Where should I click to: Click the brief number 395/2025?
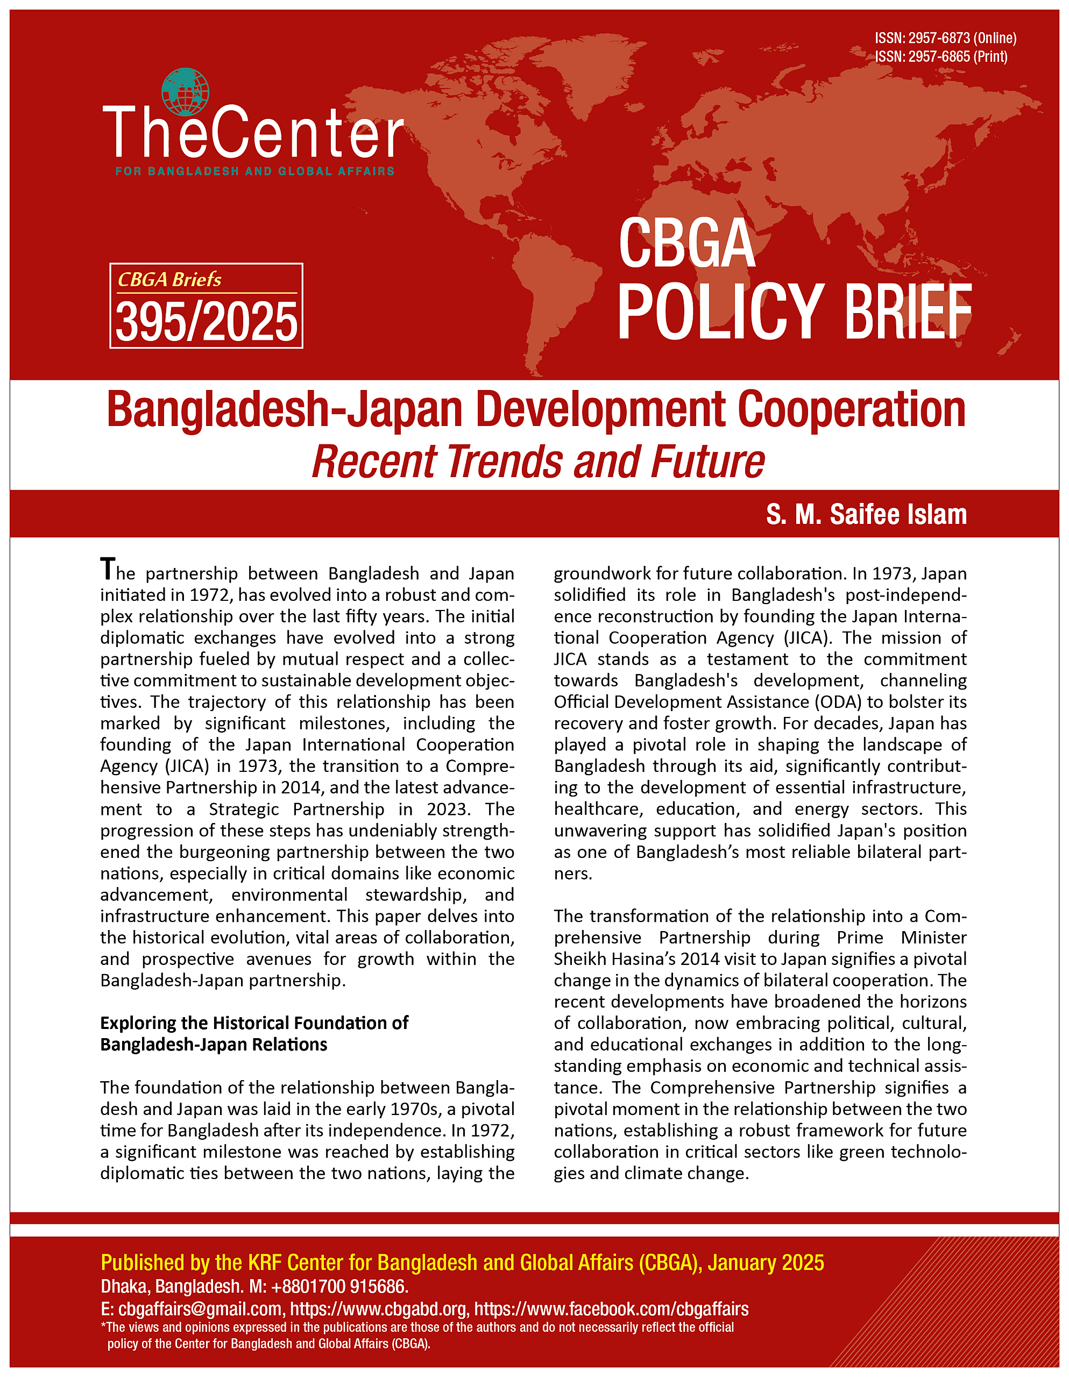pos(206,322)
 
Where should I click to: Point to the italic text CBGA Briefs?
pos(169,279)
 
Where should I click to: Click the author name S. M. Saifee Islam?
pos(866,514)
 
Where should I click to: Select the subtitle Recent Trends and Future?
pos(538,462)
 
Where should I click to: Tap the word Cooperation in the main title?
pos(852,410)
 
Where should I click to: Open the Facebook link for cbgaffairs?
pos(611,1309)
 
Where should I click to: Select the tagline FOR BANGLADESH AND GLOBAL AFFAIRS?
pos(255,171)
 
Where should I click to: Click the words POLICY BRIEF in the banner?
pos(794,312)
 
